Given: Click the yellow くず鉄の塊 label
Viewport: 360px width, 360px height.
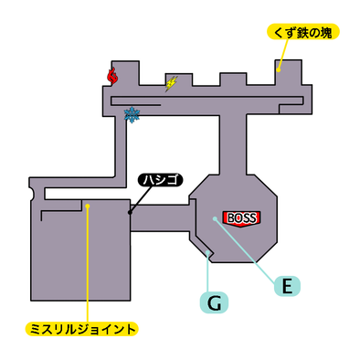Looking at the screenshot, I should (x=303, y=33).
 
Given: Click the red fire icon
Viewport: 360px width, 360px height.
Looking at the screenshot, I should (x=112, y=77).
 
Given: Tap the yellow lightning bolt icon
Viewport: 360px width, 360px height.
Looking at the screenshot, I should (x=171, y=83).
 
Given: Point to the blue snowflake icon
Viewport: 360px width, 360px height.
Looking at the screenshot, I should (x=132, y=114).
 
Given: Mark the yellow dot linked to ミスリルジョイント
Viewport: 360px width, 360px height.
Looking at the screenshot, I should (x=87, y=206).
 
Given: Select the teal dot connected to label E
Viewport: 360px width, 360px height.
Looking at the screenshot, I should (x=215, y=218).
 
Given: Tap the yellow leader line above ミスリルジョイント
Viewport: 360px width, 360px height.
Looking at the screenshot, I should (x=87, y=265).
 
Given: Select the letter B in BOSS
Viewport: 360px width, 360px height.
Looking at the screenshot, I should (x=228, y=217).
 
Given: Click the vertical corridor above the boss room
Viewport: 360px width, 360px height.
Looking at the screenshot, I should (x=233, y=142).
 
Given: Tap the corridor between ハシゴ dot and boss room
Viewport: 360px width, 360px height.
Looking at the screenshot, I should (x=164, y=218).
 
